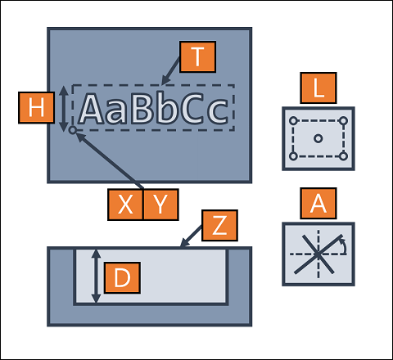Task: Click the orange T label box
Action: pyautogui.click(x=198, y=56)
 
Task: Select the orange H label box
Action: pyautogui.click(x=36, y=108)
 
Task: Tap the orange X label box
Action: pyautogui.click(x=125, y=205)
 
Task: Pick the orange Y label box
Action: pyautogui.click(x=160, y=205)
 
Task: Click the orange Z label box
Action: pyautogui.click(x=219, y=226)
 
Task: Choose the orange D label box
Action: pyautogui.click(x=122, y=278)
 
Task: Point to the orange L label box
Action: pyautogui.click(x=318, y=88)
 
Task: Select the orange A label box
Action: pyautogui.click(x=318, y=203)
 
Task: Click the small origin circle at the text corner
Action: pyautogui.click(x=73, y=130)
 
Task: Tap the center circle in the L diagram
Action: pyautogui.click(x=318, y=138)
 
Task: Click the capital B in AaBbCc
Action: pyautogui.click(x=141, y=108)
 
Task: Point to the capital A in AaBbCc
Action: pyautogui.click(x=92, y=108)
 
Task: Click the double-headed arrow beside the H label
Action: pyautogui.click(x=64, y=109)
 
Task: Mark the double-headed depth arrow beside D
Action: pyautogui.click(x=96, y=276)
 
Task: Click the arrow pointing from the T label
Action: pyautogui.click(x=170, y=71)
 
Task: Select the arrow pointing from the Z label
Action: pyautogui.click(x=191, y=236)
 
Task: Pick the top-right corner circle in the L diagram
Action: pyautogui.click(x=343, y=121)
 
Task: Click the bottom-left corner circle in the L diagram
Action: pyautogui.click(x=293, y=156)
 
